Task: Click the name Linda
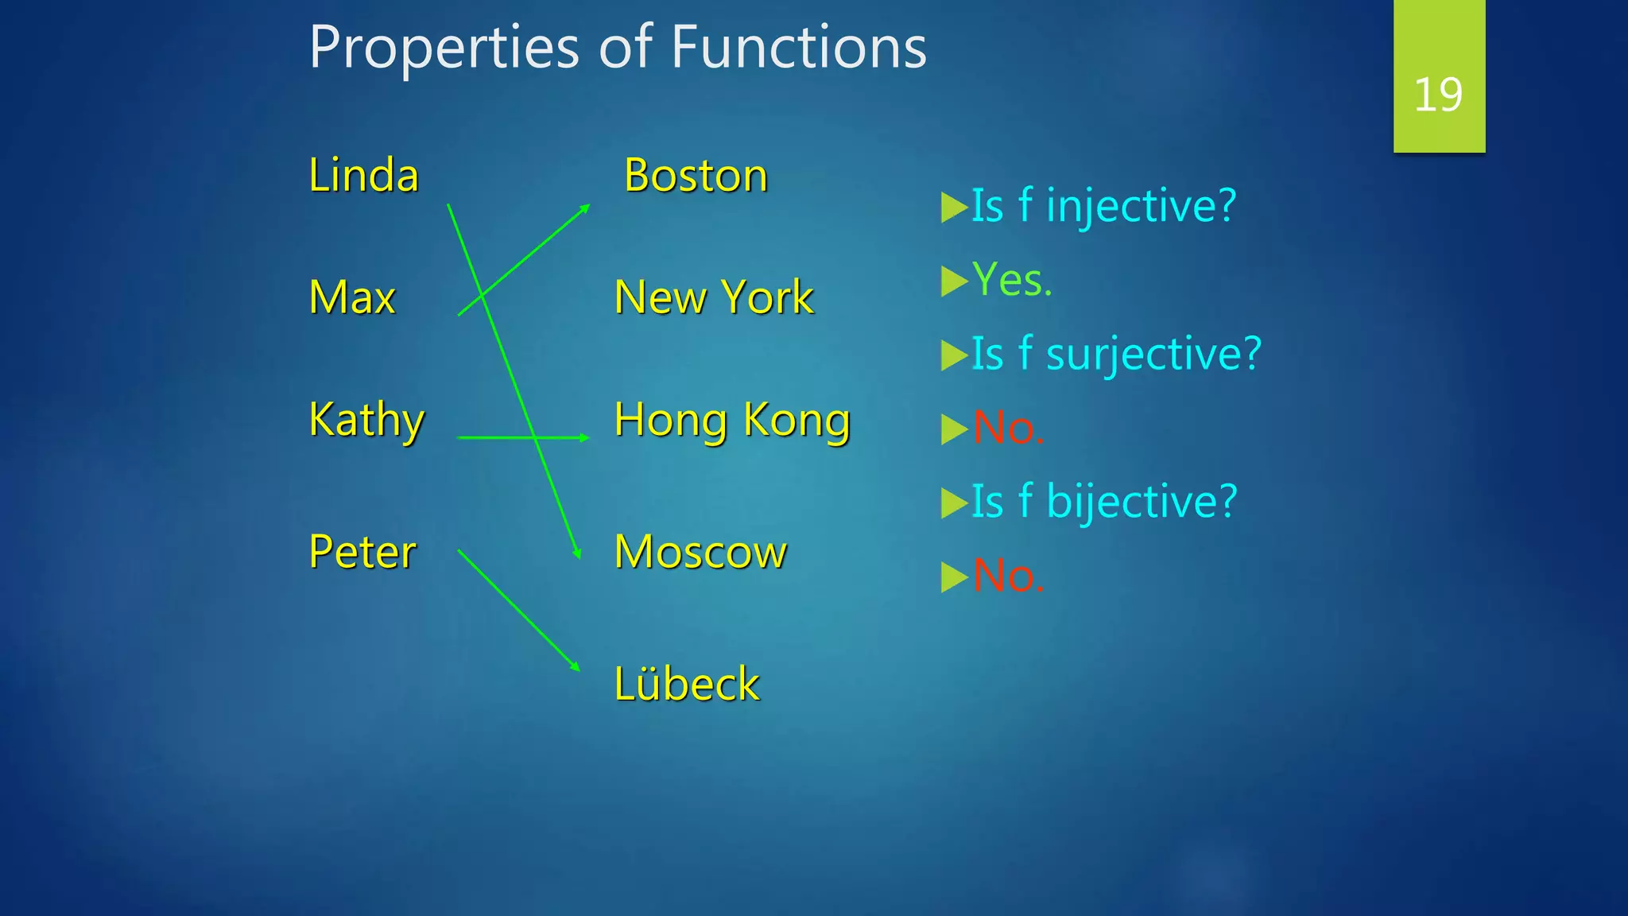point(363,176)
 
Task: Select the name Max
point(351,298)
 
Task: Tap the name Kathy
point(366,420)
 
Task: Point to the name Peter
point(362,552)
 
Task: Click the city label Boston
point(696,176)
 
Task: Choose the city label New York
point(714,298)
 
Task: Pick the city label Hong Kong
point(732,420)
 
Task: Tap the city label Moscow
point(700,552)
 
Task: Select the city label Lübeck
point(687,684)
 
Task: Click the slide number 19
point(1438,95)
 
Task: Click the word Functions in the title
point(798,48)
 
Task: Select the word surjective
point(1153,355)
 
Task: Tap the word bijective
point(1142,503)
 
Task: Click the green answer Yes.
point(1012,281)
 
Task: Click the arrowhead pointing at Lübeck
point(576,667)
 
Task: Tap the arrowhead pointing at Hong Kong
point(585,437)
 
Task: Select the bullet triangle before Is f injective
point(953,208)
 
